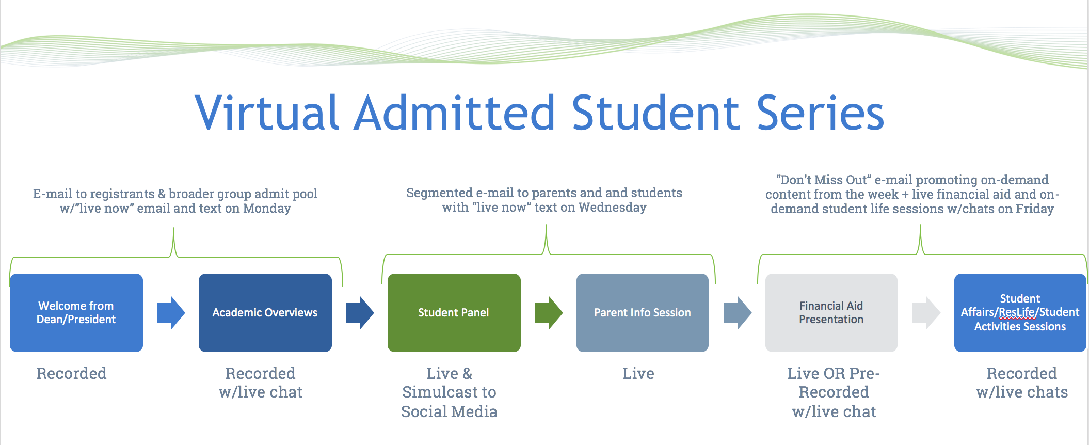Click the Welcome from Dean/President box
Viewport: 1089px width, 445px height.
(x=76, y=313)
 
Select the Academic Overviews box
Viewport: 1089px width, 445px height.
(x=265, y=313)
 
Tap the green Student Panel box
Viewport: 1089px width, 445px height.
(x=454, y=313)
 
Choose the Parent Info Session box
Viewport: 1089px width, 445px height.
(x=643, y=313)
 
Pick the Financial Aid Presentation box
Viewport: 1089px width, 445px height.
(x=831, y=313)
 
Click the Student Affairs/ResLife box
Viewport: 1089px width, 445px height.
(x=1020, y=313)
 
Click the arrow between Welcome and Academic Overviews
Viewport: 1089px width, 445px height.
(x=171, y=313)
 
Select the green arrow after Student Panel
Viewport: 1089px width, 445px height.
(x=549, y=313)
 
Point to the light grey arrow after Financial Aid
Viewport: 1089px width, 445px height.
(x=926, y=313)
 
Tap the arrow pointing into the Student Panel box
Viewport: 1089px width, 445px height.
(x=360, y=313)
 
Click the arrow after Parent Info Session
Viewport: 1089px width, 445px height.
(x=738, y=313)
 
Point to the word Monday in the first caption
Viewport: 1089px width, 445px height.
(x=267, y=208)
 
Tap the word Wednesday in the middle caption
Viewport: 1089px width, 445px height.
(x=613, y=207)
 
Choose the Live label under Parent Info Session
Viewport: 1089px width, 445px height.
(x=638, y=373)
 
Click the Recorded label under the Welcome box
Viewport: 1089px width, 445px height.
(x=71, y=373)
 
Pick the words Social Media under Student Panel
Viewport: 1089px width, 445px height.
(x=449, y=411)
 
